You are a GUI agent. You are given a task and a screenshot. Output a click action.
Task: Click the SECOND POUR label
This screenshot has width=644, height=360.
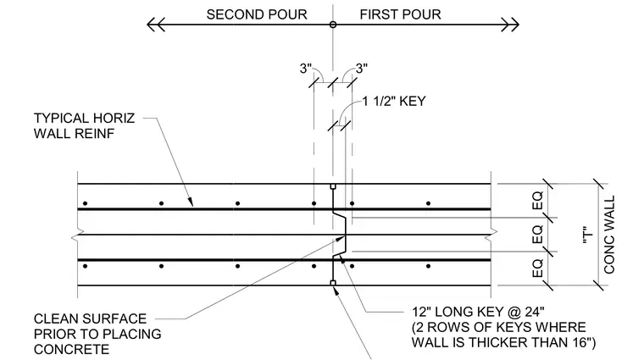pyautogui.click(x=257, y=14)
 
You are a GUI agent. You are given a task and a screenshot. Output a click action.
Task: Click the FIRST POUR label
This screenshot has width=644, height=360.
pyautogui.click(x=400, y=14)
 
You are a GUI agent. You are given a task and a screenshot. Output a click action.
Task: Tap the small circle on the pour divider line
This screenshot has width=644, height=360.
pyautogui.click(x=333, y=25)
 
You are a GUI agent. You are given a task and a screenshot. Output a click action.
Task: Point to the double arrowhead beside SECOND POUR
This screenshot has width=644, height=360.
pyautogui.click(x=156, y=25)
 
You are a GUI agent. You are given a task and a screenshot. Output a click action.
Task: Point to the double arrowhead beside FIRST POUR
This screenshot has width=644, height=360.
pyautogui.click(x=510, y=25)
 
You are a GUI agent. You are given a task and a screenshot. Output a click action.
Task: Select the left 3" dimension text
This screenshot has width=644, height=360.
pyautogui.click(x=306, y=68)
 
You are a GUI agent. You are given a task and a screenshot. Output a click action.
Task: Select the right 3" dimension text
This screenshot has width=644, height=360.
pyautogui.click(x=362, y=68)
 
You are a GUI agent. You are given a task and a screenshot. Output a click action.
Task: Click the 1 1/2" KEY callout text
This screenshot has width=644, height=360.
pyautogui.click(x=394, y=102)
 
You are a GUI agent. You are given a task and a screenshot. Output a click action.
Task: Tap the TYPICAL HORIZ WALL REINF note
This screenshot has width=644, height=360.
pyautogui.click(x=84, y=125)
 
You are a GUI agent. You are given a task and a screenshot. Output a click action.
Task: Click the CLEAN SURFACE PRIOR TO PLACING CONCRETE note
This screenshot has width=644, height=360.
pyautogui.click(x=97, y=334)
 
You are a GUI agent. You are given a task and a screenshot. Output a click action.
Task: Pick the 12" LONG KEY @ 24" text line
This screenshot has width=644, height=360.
pyautogui.click(x=479, y=312)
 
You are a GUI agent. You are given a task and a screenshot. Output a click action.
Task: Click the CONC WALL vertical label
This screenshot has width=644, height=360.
pyautogui.click(x=609, y=235)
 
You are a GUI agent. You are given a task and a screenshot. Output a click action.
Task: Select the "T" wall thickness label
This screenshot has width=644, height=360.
pyautogui.click(x=588, y=237)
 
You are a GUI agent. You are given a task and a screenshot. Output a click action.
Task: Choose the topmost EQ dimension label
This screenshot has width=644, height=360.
pyautogui.click(x=537, y=201)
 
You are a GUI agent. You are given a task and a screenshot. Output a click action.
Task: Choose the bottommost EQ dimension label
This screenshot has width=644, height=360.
pyautogui.click(x=537, y=268)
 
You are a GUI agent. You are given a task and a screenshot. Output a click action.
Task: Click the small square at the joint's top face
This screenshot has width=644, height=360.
pyautogui.click(x=333, y=186)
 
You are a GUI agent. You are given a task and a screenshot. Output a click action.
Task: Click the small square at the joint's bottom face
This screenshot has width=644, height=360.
pyautogui.click(x=333, y=283)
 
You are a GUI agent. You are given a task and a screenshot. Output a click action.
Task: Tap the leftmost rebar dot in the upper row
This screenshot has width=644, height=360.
pyautogui.click(x=85, y=203)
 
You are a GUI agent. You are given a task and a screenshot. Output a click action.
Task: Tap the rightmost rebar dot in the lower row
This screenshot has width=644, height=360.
pyautogui.click(x=429, y=267)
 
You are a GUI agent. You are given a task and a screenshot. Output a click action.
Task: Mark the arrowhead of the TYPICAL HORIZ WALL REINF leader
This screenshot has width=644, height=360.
pyautogui.click(x=191, y=202)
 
